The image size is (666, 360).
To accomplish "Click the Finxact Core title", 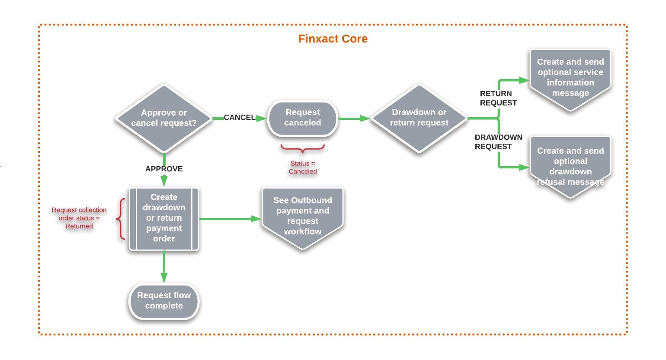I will (x=333, y=39).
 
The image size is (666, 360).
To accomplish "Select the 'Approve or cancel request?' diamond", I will (x=164, y=118).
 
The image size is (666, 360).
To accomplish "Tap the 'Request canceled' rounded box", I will (x=303, y=118).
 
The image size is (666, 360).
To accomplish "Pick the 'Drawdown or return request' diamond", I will (x=419, y=118).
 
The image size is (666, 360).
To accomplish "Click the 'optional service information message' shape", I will (x=570, y=78).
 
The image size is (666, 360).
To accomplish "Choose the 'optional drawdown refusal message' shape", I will (x=570, y=166).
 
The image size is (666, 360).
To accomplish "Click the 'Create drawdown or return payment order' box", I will (x=164, y=218).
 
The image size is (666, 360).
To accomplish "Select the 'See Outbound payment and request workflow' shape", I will (x=303, y=216).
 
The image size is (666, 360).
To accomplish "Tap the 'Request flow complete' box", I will (x=164, y=301).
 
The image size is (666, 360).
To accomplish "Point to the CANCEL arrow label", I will (x=239, y=118).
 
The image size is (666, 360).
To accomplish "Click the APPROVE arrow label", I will (x=164, y=169).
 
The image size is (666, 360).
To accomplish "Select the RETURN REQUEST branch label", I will (x=498, y=98).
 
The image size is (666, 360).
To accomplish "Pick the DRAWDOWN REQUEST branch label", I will (x=498, y=142).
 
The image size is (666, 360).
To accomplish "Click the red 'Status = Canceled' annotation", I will (x=303, y=167).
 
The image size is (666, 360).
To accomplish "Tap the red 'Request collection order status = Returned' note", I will (x=79, y=218).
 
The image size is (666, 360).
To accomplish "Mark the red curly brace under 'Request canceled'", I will (x=303, y=149).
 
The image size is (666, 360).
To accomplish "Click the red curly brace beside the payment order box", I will (x=121, y=219).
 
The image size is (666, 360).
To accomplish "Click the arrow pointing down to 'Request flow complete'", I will (x=164, y=267).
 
